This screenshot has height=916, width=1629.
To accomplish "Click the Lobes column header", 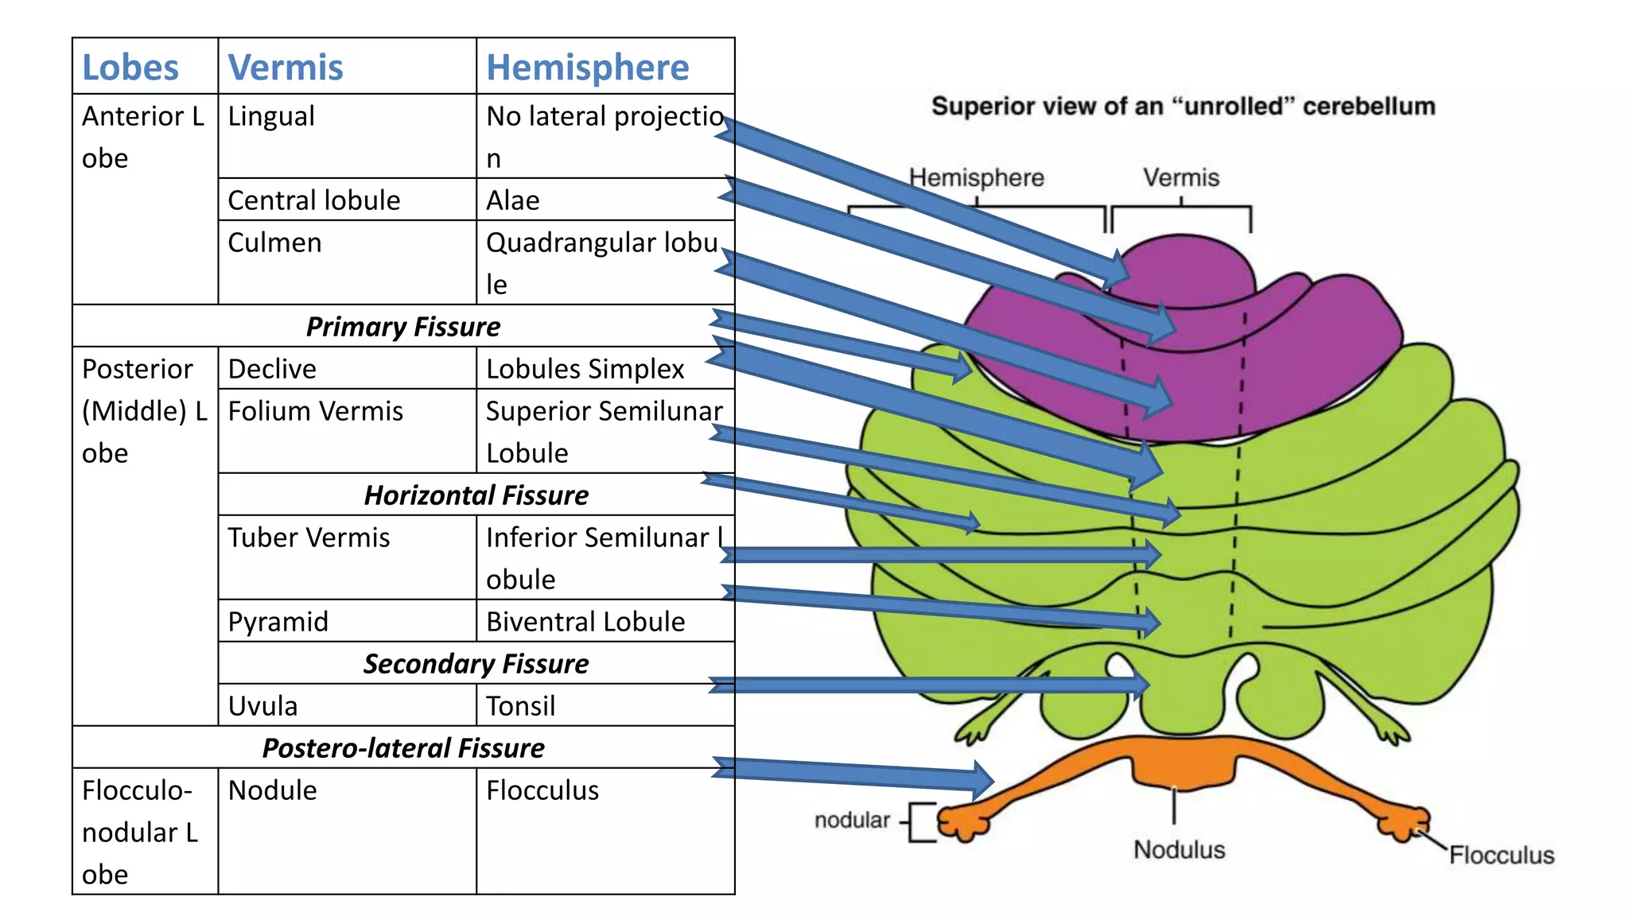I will pos(130,68).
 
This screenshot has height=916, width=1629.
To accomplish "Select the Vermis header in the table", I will pos(286,68).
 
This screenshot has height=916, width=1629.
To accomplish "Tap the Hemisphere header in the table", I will pos(587,68).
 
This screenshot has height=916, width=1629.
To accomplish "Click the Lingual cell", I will pos(271,117).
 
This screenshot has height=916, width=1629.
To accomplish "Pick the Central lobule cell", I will pos(313,200).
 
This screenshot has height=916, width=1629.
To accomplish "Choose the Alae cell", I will pos(513,200).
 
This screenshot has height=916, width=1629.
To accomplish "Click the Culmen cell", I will pos(274,243).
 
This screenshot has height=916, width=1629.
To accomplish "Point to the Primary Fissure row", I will pos(402,327).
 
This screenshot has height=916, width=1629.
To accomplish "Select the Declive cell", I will pos(272,369).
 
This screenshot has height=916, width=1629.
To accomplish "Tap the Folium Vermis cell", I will pos(315,411).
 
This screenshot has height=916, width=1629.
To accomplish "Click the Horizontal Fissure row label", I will pos(476,495).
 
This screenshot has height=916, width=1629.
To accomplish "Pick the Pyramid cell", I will pos(278,622).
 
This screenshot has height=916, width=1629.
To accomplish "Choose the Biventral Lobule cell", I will pos(585,622).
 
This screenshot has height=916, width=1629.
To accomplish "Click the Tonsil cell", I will pos(520,706).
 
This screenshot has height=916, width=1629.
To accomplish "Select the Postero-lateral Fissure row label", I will pos(402,748).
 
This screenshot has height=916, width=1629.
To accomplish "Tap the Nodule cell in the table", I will pos(272,790).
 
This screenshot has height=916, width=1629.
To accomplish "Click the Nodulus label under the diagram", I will pos(1179,849).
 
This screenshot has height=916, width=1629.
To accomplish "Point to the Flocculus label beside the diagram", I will pos(1501,855).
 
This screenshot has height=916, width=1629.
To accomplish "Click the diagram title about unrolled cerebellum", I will pos(1183,107).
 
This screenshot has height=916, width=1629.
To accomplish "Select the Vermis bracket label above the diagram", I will pos(1180,177).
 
